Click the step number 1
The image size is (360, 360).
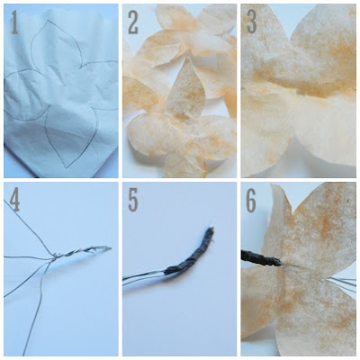(x=14, y=22)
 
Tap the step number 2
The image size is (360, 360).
(x=133, y=22)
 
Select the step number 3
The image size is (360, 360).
(x=251, y=22)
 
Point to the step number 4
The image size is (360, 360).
(x=14, y=201)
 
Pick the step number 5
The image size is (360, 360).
(x=133, y=201)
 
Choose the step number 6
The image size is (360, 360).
(x=251, y=201)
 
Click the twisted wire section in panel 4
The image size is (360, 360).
(x=82, y=251)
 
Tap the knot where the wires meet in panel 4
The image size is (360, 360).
(x=55, y=256)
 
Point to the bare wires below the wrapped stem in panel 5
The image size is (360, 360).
(x=144, y=276)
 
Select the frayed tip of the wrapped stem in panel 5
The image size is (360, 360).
(x=211, y=230)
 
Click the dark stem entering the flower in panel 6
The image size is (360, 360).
(x=261, y=258)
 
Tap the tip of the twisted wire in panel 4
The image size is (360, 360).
(x=111, y=248)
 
